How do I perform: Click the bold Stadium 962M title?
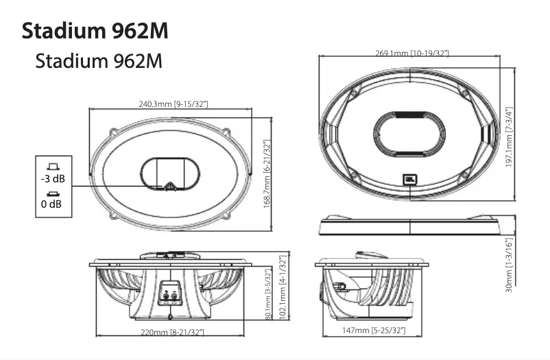click(95, 31)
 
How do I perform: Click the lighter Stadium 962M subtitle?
click(99, 61)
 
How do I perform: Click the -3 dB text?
click(52, 179)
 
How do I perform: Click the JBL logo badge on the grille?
click(409, 180)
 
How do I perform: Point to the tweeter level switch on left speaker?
click(169, 185)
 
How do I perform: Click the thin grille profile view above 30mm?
click(409, 224)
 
